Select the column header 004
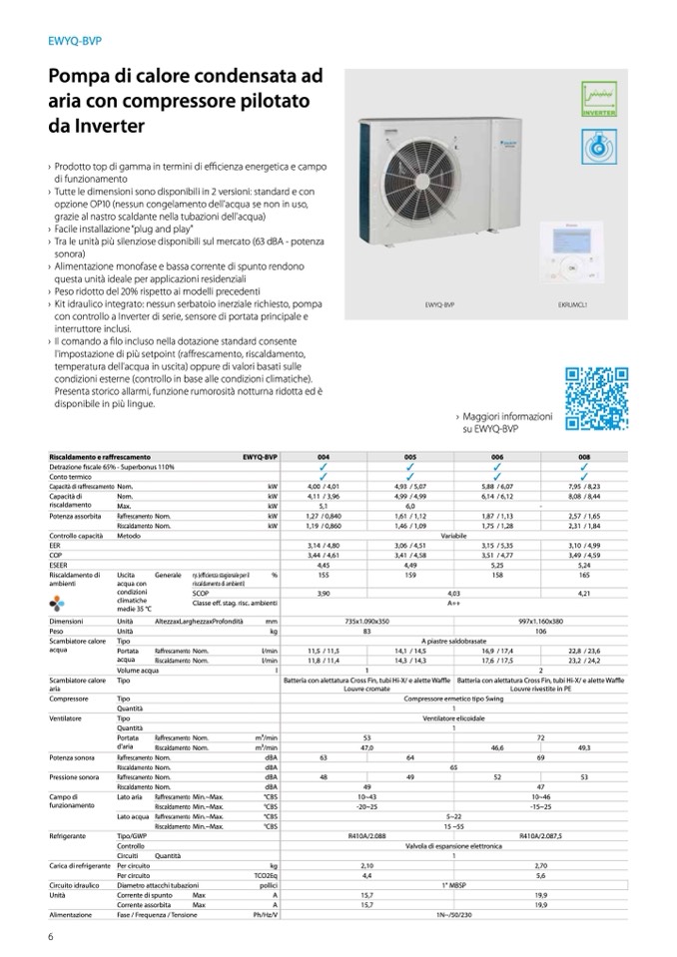pos(324,456)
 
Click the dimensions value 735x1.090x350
pos(366,622)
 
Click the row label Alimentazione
pos(71,912)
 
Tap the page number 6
pos(50,935)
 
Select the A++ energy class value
pos(453,603)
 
